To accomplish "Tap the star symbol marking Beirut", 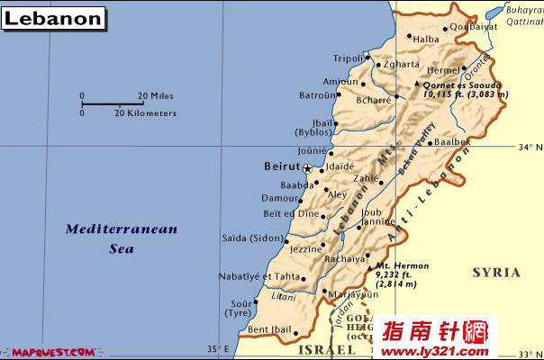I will (x=307, y=168).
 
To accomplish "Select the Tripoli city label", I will (x=348, y=58).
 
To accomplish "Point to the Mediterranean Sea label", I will (x=121, y=238).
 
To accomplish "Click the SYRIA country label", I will (x=496, y=272).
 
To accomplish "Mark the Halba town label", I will (x=426, y=39).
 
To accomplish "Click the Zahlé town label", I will (x=366, y=179).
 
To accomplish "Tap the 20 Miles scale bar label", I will (x=155, y=94).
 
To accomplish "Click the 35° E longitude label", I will (x=216, y=349).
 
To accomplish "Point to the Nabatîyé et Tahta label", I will (x=259, y=276).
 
